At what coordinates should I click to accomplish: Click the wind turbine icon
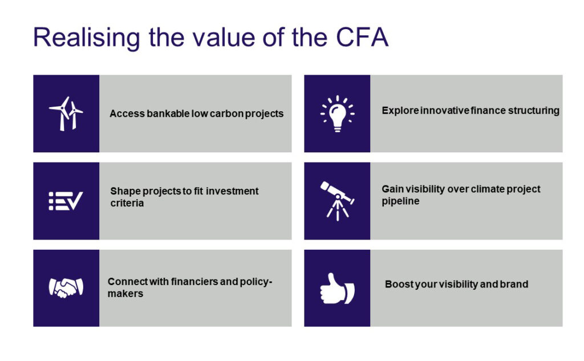(66, 113)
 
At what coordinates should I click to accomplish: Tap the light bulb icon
(337, 113)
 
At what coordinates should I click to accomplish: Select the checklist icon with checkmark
(66, 201)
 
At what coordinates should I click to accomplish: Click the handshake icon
(66, 287)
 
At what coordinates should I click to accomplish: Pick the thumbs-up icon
(336, 288)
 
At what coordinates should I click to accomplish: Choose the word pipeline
(400, 201)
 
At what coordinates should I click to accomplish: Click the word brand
(513, 284)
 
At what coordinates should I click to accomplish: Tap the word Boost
(399, 284)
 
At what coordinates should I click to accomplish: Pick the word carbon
(230, 113)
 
